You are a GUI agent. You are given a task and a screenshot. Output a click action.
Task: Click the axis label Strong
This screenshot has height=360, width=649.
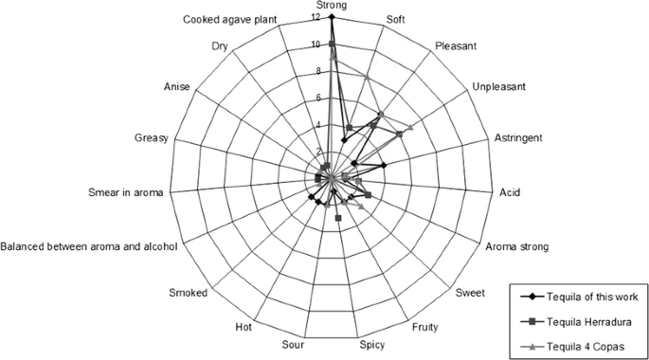tap(331, 6)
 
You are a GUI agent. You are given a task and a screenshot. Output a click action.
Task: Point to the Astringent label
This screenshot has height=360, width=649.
tap(518, 138)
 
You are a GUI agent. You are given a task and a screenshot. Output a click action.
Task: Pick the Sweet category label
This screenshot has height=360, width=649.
tap(470, 293)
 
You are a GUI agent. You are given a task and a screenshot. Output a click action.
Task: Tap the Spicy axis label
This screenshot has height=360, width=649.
tap(370, 343)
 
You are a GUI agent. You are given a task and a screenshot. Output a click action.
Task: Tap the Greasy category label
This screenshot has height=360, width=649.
tap(152, 138)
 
